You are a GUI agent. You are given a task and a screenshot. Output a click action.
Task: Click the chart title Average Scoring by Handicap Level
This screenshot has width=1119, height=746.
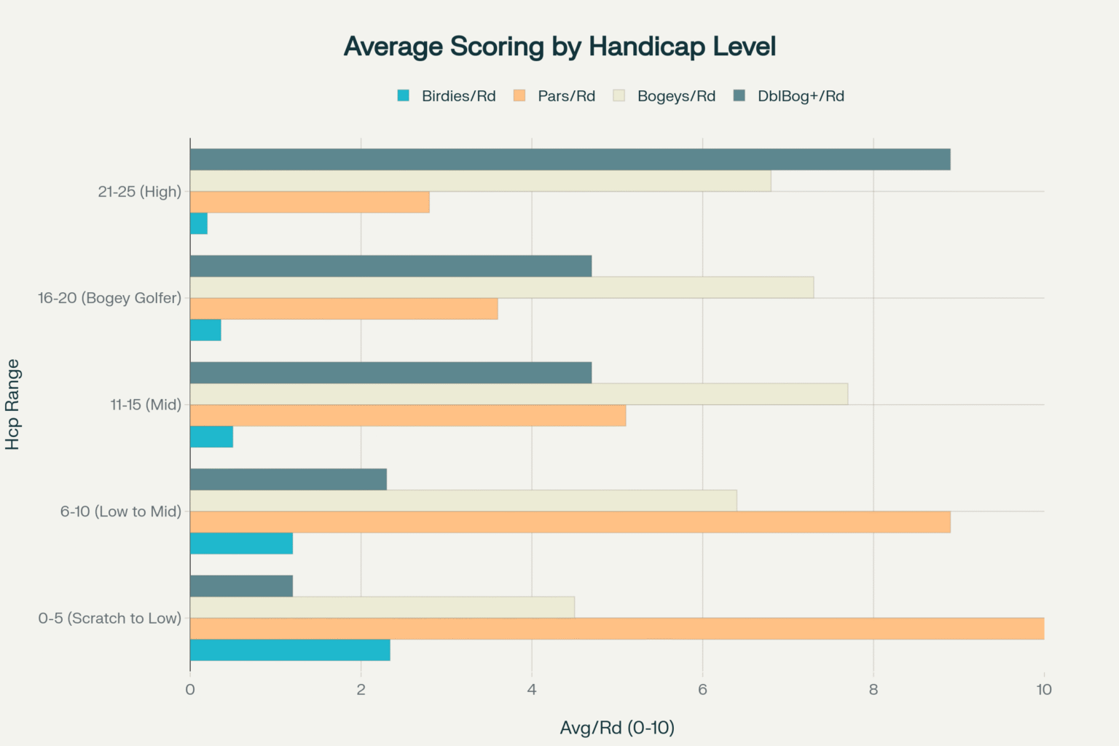pos(559,47)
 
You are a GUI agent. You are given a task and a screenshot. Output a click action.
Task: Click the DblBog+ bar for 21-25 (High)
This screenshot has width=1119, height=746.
pos(570,160)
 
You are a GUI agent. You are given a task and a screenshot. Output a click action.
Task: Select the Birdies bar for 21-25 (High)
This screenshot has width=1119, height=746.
pos(199,224)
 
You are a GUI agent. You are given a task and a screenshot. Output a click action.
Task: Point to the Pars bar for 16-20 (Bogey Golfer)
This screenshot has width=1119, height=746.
pos(344,309)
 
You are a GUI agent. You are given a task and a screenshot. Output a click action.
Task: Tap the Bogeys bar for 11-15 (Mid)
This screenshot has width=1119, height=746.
pos(519,394)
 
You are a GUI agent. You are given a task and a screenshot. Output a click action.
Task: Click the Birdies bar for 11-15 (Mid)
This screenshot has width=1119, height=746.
pos(211,437)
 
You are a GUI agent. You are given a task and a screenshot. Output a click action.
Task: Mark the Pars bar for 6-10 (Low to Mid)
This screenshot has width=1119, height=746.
pos(570,522)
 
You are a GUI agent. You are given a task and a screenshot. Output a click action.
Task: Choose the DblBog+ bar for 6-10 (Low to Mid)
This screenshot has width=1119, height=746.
pos(288,479)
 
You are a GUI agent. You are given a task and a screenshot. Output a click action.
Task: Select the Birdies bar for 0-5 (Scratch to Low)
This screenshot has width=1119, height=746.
pos(290,650)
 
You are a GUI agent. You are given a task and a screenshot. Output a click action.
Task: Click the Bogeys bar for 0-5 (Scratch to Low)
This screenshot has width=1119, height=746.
pos(382,607)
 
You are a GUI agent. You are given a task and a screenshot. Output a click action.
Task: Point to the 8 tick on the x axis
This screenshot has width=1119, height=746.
pos(873,689)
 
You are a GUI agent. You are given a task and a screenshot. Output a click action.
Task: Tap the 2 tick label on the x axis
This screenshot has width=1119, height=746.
pos(361,689)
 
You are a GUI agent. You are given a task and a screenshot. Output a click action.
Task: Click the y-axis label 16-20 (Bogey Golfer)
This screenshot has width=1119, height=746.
pos(109,298)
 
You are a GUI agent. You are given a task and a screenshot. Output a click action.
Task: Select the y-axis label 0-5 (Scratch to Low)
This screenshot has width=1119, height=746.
pos(109,618)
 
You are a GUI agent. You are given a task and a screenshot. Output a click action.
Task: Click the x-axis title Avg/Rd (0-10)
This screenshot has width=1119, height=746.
pos(617,727)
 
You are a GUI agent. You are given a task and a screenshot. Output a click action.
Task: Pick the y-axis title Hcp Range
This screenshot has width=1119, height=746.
pos(12,404)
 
